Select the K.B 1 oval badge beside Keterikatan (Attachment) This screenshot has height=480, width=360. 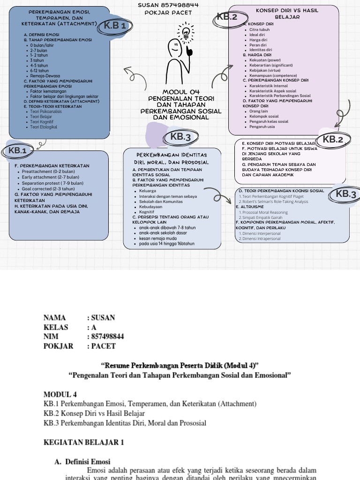pyautogui.click(x=115, y=25)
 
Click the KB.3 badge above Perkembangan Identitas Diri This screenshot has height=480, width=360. pyautogui.click(x=180, y=137)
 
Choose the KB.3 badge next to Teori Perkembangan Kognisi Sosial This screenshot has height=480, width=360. pyautogui.click(x=346, y=194)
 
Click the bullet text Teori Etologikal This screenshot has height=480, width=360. pyautogui.click(x=43, y=127)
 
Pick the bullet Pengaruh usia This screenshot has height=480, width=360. pyautogui.click(x=262, y=127)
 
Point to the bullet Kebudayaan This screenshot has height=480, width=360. pyautogui.click(x=150, y=206)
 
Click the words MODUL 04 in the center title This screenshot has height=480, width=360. pyautogui.click(x=181, y=92)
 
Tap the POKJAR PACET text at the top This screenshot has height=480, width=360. pyautogui.click(x=168, y=12)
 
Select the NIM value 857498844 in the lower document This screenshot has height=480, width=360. pyautogui.click(x=105, y=337)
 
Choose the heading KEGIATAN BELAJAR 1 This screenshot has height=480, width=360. pyautogui.click(x=83, y=442)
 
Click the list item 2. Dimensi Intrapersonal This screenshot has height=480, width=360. pyautogui.click(x=259, y=239)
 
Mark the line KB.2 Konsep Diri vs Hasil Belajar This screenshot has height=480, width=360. pyautogui.click(x=94, y=413)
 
